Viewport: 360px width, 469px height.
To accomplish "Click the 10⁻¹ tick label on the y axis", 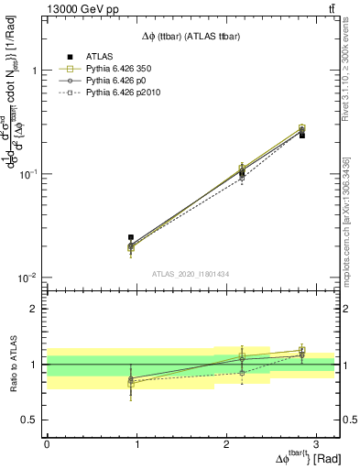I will tap(31, 174).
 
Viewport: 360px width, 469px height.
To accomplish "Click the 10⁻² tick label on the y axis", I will tap(31, 278).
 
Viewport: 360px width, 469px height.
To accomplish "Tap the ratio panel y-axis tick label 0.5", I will tap(32, 420).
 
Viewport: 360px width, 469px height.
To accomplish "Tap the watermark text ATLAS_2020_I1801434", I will tap(191, 274).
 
